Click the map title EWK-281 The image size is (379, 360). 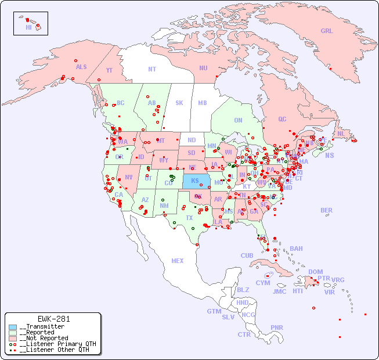(53, 319)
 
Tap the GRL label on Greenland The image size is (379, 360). (327, 31)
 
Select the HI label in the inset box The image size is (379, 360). (28, 27)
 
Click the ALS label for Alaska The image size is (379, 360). (81, 67)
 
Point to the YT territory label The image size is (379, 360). (109, 70)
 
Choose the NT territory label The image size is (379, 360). (151, 69)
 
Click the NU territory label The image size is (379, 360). (203, 68)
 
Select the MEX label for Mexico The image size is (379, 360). (178, 261)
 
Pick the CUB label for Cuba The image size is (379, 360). (247, 255)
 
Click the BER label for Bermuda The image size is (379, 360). (327, 210)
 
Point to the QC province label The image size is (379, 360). (282, 119)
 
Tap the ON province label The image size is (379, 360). (238, 120)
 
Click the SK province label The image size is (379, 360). (179, 103)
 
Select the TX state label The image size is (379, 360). (189, 218)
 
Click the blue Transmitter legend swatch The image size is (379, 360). (13, 327)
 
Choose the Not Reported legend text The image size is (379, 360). (44, 338)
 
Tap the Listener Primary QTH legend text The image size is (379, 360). (57, 344)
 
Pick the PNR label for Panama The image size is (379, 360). (277, 327)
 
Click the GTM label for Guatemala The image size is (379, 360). (214, 311)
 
